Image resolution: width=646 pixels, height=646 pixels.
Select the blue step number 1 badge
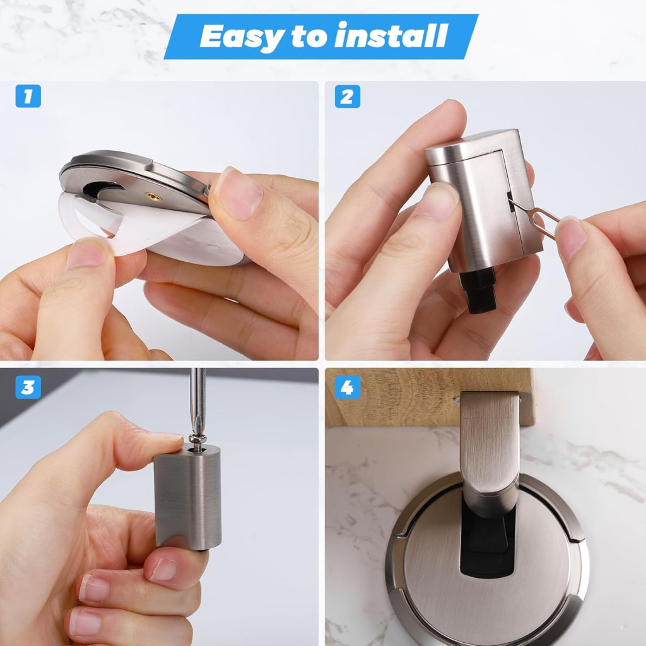click(28, 96)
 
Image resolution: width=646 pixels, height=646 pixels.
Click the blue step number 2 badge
click(348, 97)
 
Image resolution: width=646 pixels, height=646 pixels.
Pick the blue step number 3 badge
click(28, 387)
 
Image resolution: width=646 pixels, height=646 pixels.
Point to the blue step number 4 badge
click(348, 387)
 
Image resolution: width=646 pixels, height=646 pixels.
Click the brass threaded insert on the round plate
click(153, 197)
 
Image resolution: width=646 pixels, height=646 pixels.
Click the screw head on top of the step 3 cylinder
click(197, 440)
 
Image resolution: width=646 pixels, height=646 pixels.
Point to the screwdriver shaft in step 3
click(197, 402)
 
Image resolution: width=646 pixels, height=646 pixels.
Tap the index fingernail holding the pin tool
click(571, 238)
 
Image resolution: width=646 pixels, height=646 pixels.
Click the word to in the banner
click(309, 36)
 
